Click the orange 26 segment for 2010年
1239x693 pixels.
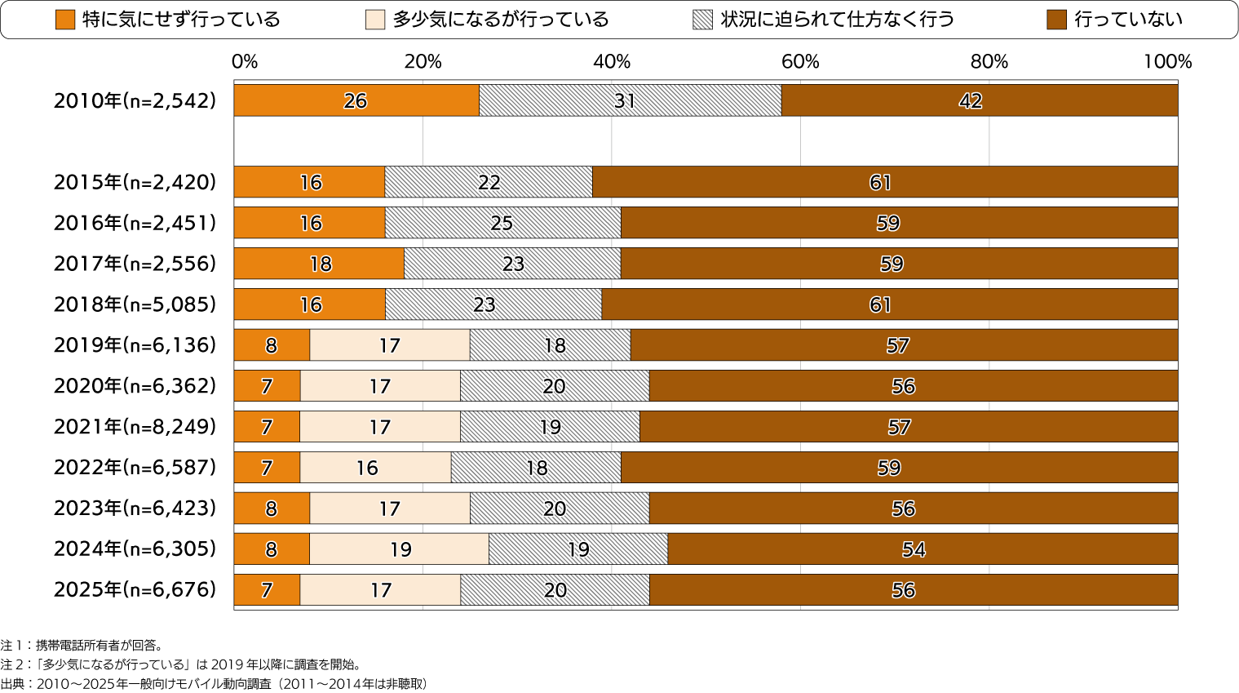pos(356,100)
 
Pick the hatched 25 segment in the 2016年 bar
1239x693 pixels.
pos(502,223)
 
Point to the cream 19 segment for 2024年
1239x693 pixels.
pos(399,549)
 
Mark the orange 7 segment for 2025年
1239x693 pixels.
pos(267,590)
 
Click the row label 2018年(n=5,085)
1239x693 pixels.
pos(135,304)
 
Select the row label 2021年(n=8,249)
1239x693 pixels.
pos(135,427)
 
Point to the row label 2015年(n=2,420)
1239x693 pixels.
pos(135,182)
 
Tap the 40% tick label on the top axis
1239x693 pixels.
pos(611,62)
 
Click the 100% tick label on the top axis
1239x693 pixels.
pos(1167,62)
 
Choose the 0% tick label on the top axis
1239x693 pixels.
pos(244,62)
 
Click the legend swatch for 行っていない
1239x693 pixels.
pos(1056,20)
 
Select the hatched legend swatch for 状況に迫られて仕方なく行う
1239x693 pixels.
pos(702,20)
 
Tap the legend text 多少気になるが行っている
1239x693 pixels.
pos(501,20)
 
